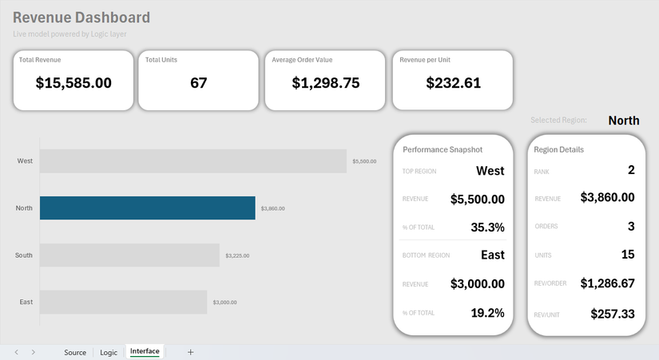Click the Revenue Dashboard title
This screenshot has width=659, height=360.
tap(81, 18)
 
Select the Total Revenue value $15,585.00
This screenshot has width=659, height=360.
tap(73, 82)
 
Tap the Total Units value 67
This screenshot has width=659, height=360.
tap(198, 82)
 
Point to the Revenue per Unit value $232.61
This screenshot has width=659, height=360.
tap(453, 82)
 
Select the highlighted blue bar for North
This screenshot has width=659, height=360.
tap(148, 208)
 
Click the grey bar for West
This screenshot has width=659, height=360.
tap(193, 161)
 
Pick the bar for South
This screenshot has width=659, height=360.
tap(129, 255)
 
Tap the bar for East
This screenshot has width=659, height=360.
tap(123, 303)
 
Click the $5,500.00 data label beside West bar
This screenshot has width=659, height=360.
tap(363, 161)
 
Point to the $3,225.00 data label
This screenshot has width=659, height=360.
tap(236, 256)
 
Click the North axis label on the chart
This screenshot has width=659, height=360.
tap(24, 208)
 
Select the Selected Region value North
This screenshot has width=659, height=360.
tap(623, 121)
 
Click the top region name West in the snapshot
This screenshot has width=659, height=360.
tap(490, 171)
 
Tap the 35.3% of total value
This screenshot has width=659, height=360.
tap(487, 227)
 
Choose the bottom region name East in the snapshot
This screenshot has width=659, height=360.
tap(492, 255)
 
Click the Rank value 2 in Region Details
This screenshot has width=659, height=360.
tap(630, 170)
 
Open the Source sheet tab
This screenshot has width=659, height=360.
tap(75, 352)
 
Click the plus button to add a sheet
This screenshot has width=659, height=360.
tap(190, 352)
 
